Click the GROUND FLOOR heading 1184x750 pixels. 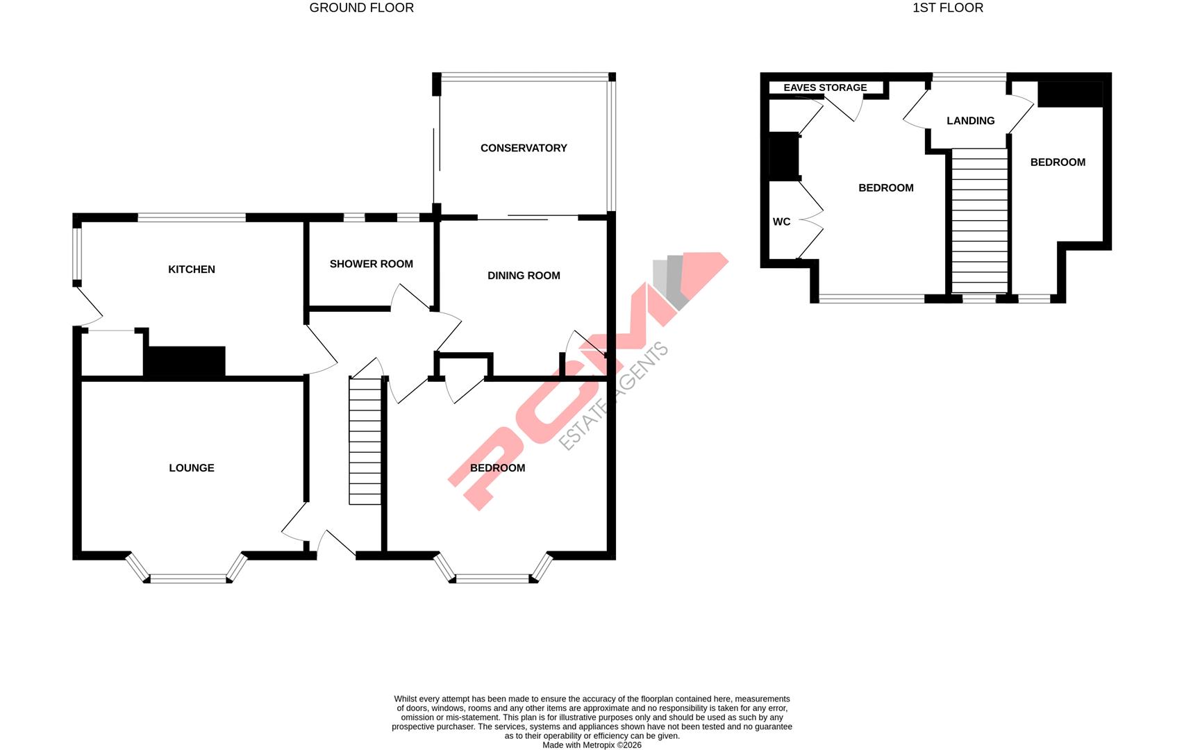point(361,8)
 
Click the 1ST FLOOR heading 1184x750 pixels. point(947,8)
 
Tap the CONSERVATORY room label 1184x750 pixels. point(524,148)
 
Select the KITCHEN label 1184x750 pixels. point(192,269)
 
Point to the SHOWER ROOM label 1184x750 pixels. point(371,264)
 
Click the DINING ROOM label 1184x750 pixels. point(524,276)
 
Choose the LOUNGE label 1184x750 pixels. point(192,468)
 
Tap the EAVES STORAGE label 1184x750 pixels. point(825,87)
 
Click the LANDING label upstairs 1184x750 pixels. point(970,121)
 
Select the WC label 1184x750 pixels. point(781,222)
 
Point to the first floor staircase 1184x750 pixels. point(979,221)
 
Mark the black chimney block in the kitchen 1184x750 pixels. point(185,362)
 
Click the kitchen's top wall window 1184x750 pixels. point(192,217)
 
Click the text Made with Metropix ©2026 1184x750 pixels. point(592,745)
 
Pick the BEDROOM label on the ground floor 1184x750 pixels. point(497,468)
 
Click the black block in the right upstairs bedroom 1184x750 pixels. point(1069,94)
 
